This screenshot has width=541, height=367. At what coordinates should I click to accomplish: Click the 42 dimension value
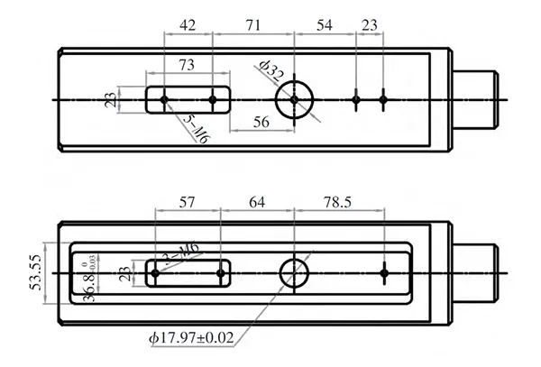point(186,26)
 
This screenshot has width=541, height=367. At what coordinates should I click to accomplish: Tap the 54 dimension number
point(325,26)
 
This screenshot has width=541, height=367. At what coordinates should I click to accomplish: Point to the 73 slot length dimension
point(188,66)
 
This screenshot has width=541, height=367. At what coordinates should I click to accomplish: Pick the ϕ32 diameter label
point(270,71)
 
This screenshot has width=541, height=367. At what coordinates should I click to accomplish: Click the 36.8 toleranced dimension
point(88,280)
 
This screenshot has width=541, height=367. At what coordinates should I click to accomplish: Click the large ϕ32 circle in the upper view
point(294,98)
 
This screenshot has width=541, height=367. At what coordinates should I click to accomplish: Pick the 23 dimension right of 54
point(370,26)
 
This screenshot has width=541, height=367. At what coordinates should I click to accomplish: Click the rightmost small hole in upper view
point(383,98)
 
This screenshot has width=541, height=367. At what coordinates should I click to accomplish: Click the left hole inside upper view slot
point(164,98)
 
